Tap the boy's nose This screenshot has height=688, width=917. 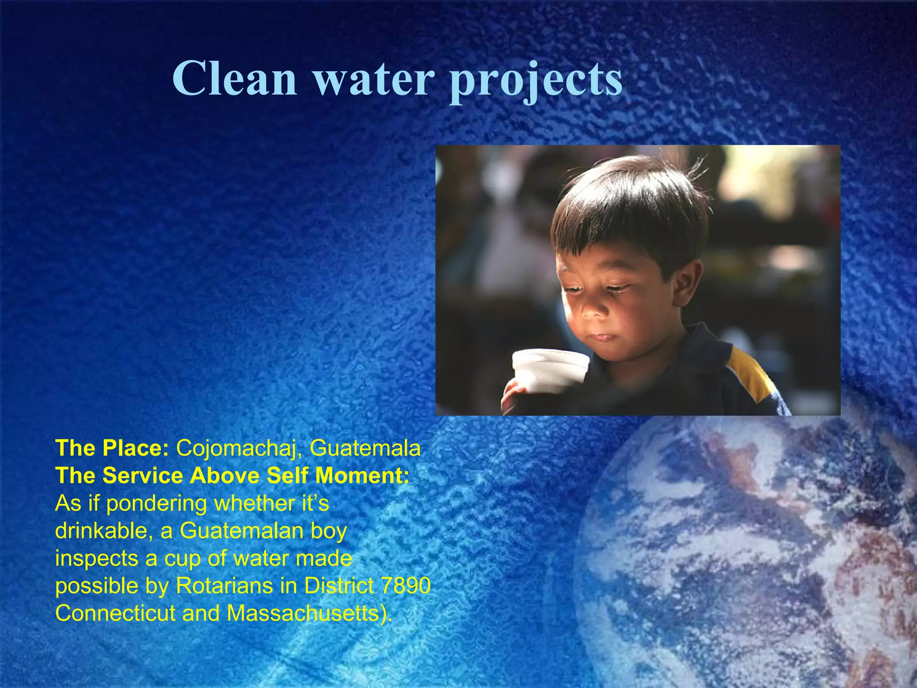point(592,311)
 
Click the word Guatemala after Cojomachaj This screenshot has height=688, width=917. point(365,448)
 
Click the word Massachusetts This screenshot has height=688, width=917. point(309,613)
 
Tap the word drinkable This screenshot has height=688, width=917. point(104,531)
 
